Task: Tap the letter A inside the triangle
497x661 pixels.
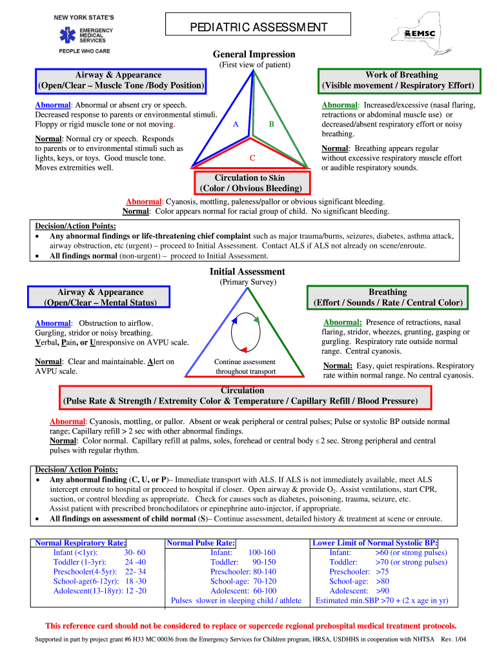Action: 236,124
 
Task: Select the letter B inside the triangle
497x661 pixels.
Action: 272,124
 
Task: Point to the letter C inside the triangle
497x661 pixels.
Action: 252,158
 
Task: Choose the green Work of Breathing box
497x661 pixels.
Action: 398,80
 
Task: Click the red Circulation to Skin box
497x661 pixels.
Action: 250,183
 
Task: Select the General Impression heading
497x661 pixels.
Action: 254,54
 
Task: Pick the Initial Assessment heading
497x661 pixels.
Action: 247,272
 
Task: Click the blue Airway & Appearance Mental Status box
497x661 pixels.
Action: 100,297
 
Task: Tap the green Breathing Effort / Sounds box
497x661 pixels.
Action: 387,297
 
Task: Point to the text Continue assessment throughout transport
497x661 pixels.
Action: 245,367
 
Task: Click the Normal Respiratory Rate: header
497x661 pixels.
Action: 81,543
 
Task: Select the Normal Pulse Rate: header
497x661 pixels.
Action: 201,543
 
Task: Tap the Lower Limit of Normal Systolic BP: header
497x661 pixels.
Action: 375,543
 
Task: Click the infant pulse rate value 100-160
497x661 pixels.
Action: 261,553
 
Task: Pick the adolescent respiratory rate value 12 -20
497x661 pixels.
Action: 134,591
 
